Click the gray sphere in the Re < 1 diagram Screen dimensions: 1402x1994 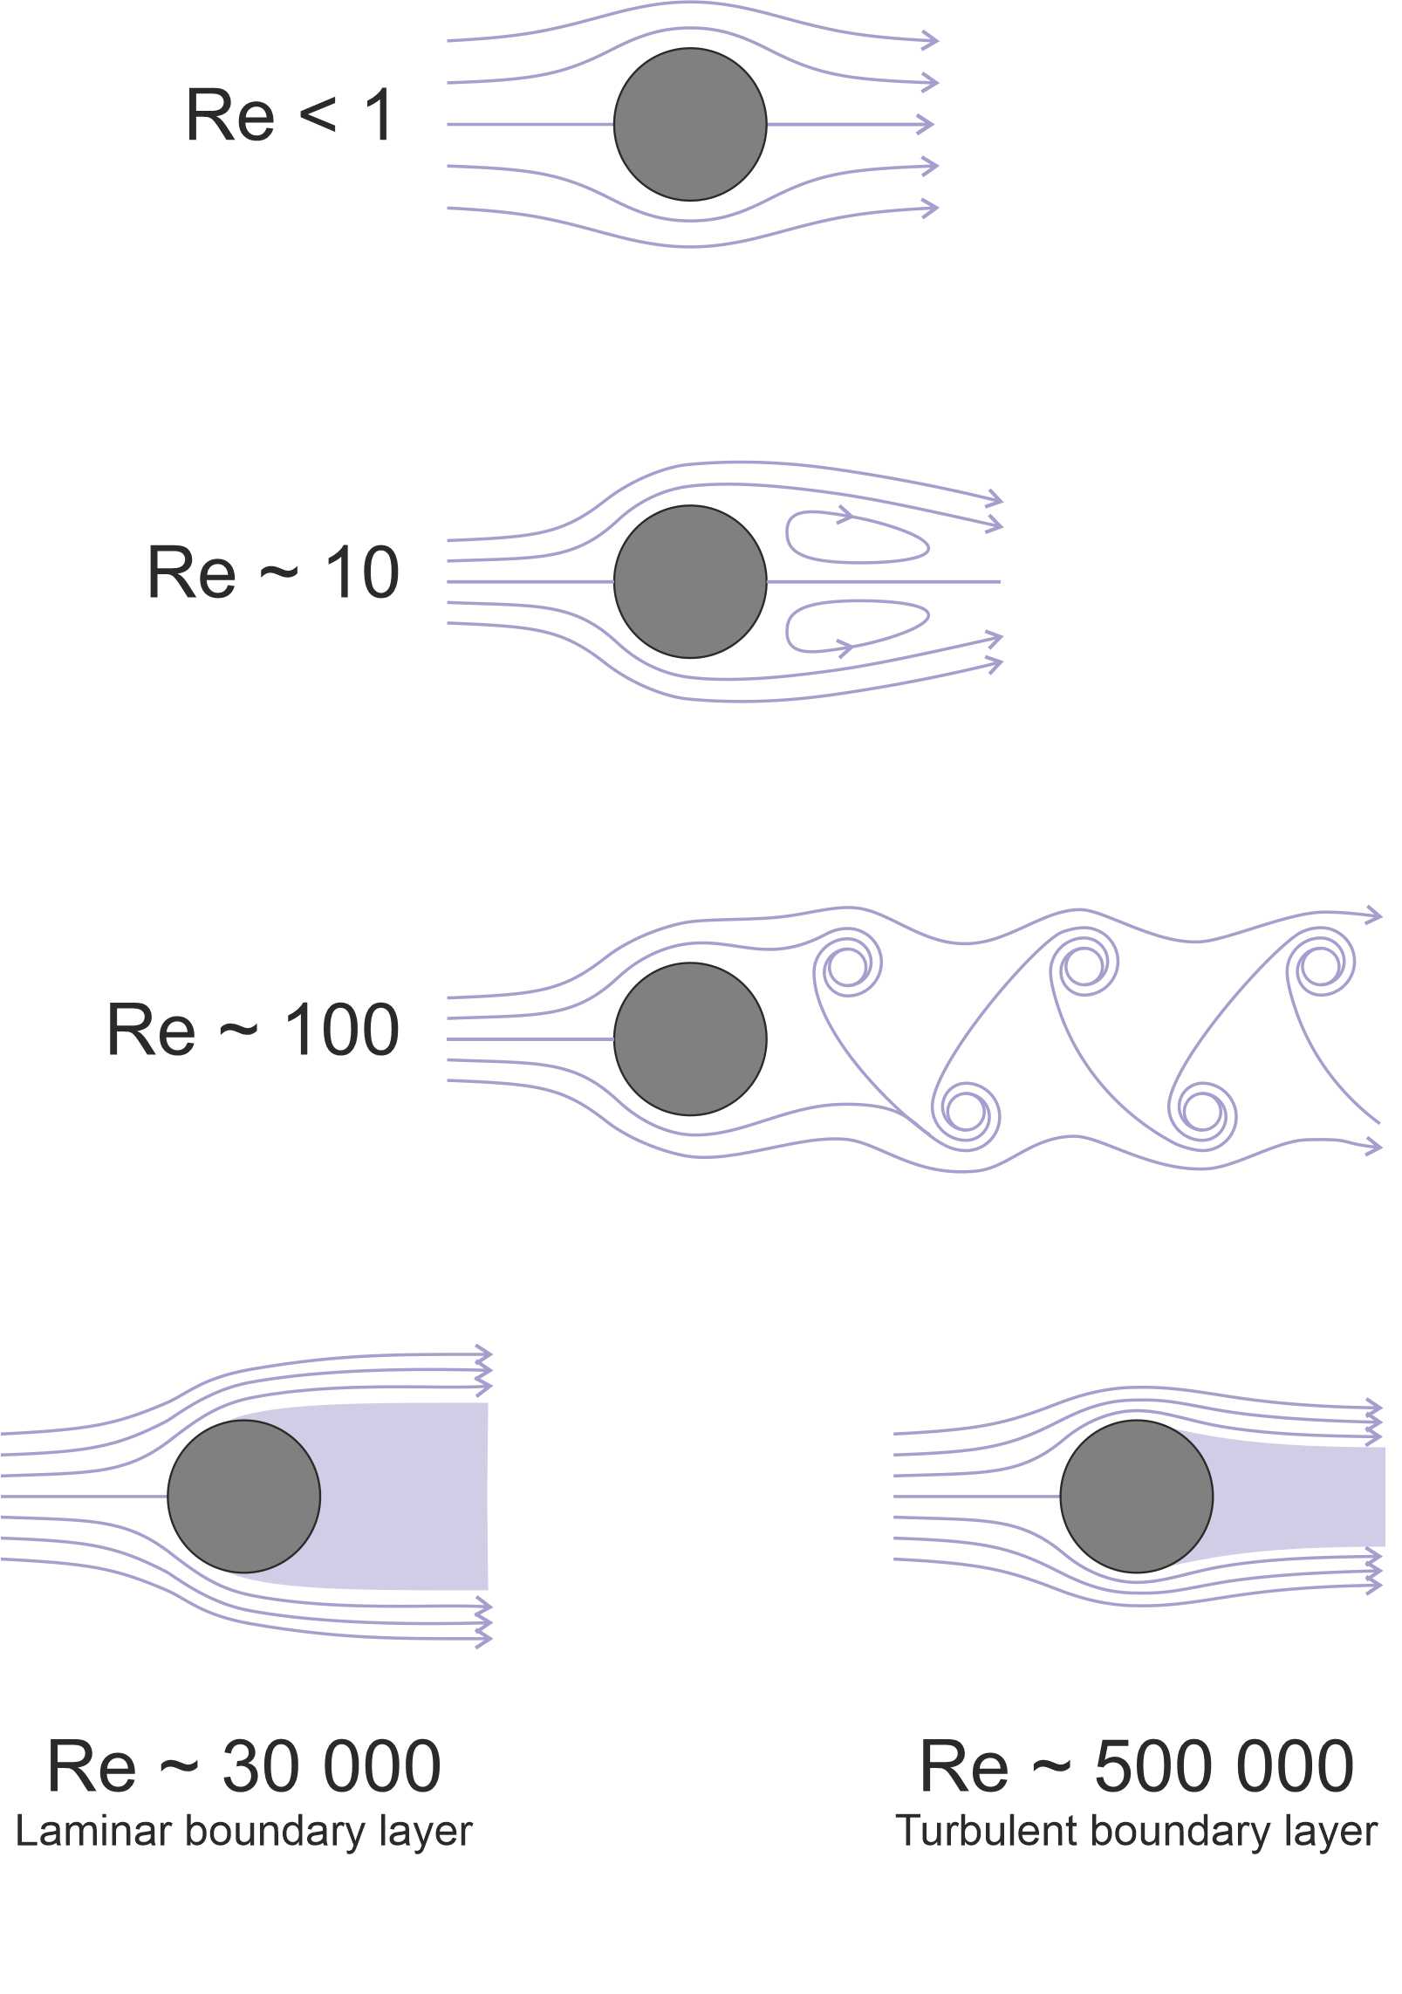pyautogui.click(x=690, y=124)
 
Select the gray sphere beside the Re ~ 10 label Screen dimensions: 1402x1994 pyautogui.click(x=690, y=581)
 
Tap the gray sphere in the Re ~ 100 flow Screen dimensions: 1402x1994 pyautogui.click(x=690, y=1038)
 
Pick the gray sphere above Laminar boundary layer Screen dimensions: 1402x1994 pyautogui.click(x=243, y=1496)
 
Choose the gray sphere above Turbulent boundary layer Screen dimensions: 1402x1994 pyautogui.click(x=1137, y=1496)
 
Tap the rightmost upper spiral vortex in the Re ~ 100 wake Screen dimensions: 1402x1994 pyautogui.click(x=1323, y=965)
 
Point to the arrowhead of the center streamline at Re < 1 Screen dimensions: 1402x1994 pyautogui.click(x=926, y=124)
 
